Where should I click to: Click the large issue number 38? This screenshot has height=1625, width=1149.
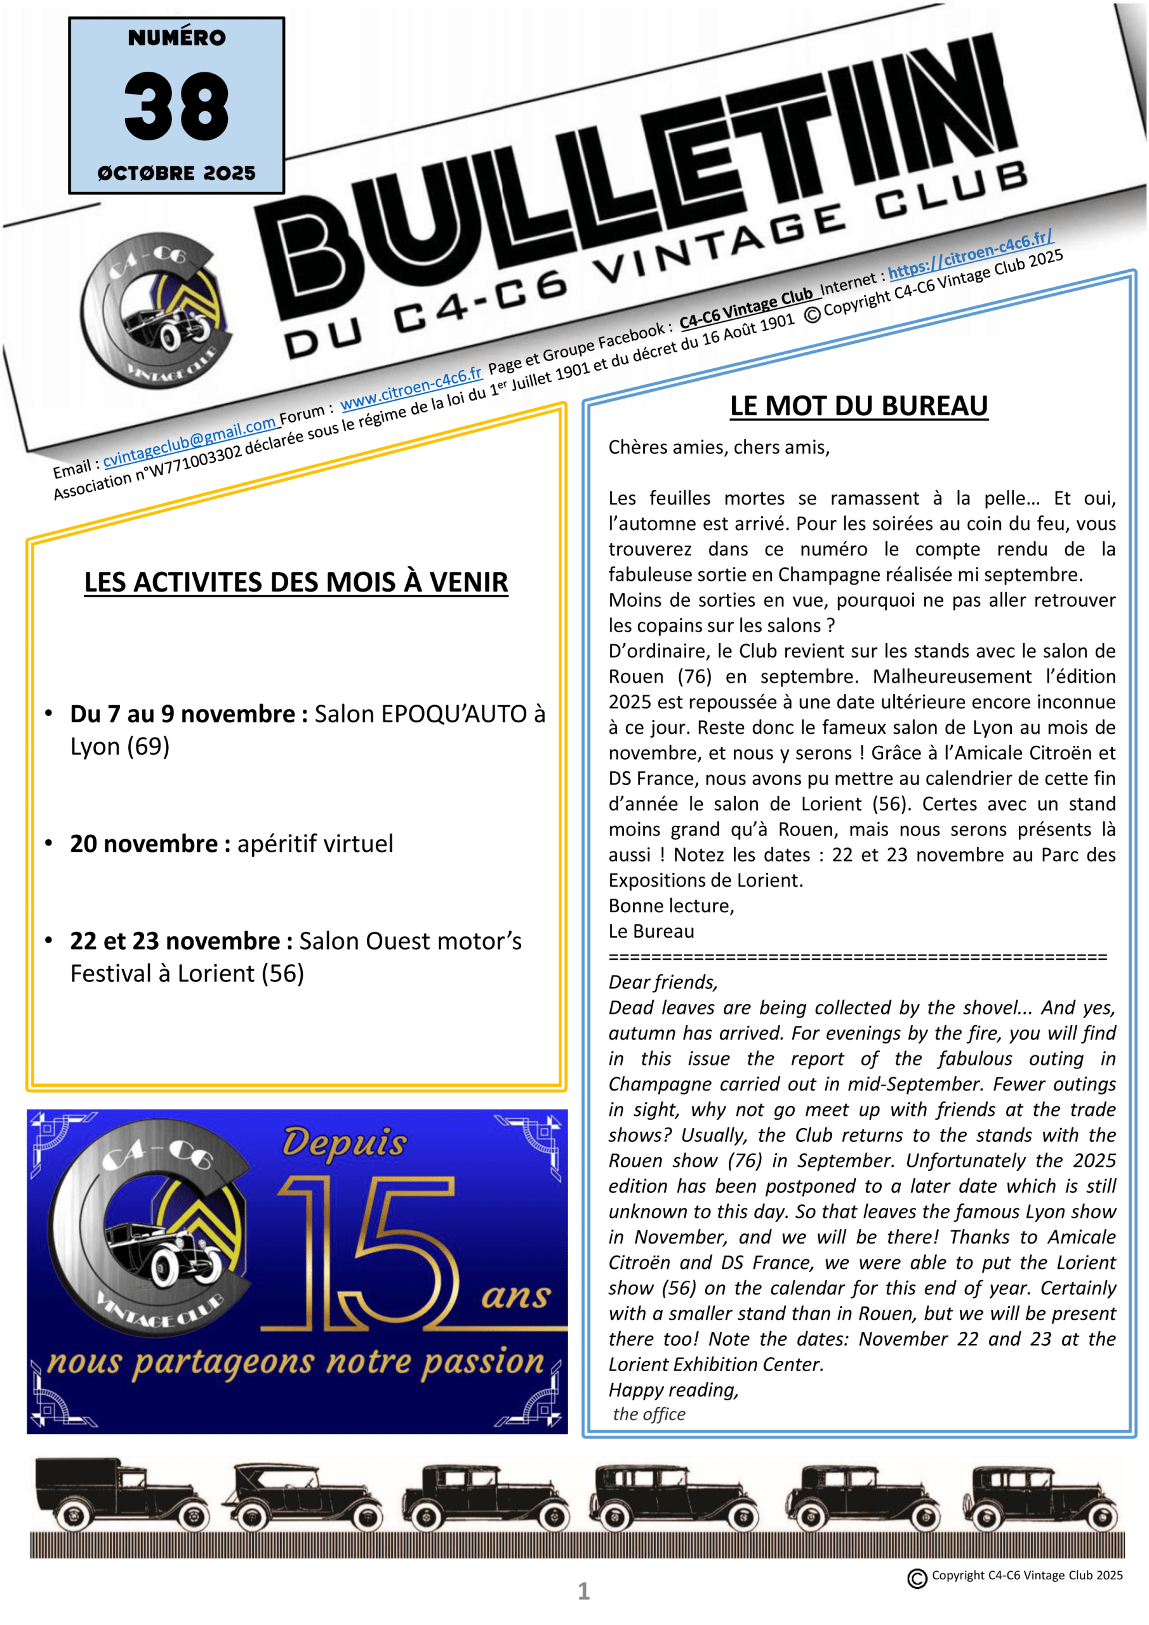coord(176,105)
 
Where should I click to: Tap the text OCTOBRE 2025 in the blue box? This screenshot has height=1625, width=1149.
coord(176,173)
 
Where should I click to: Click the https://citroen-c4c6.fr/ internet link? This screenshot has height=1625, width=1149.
coord(970,253)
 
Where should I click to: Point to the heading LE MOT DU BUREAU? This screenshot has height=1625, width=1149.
coord(858,406)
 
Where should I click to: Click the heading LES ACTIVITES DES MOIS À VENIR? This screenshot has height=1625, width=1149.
coord(296,582)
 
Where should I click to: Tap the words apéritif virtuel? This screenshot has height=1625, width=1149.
coord(315,843)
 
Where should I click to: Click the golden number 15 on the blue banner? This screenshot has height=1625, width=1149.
coord(368,1253)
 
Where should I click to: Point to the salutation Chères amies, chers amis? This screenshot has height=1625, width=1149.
coord(719,448)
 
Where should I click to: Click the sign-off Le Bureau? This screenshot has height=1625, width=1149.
coord(651,931)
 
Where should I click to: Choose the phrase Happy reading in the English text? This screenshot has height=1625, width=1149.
coord(672,1390)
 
